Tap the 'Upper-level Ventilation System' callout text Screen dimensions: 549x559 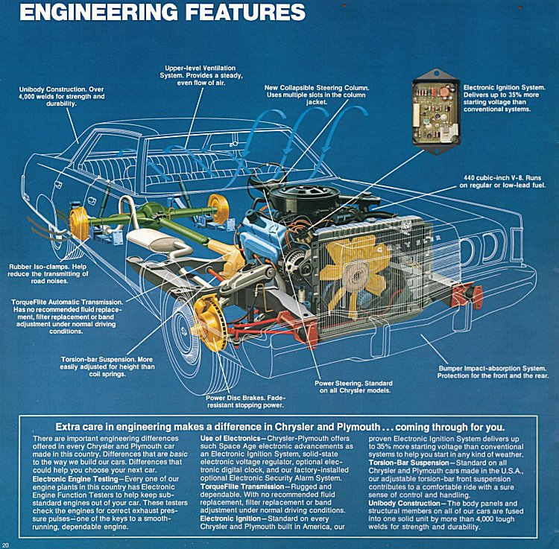click(x=197, y=76)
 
